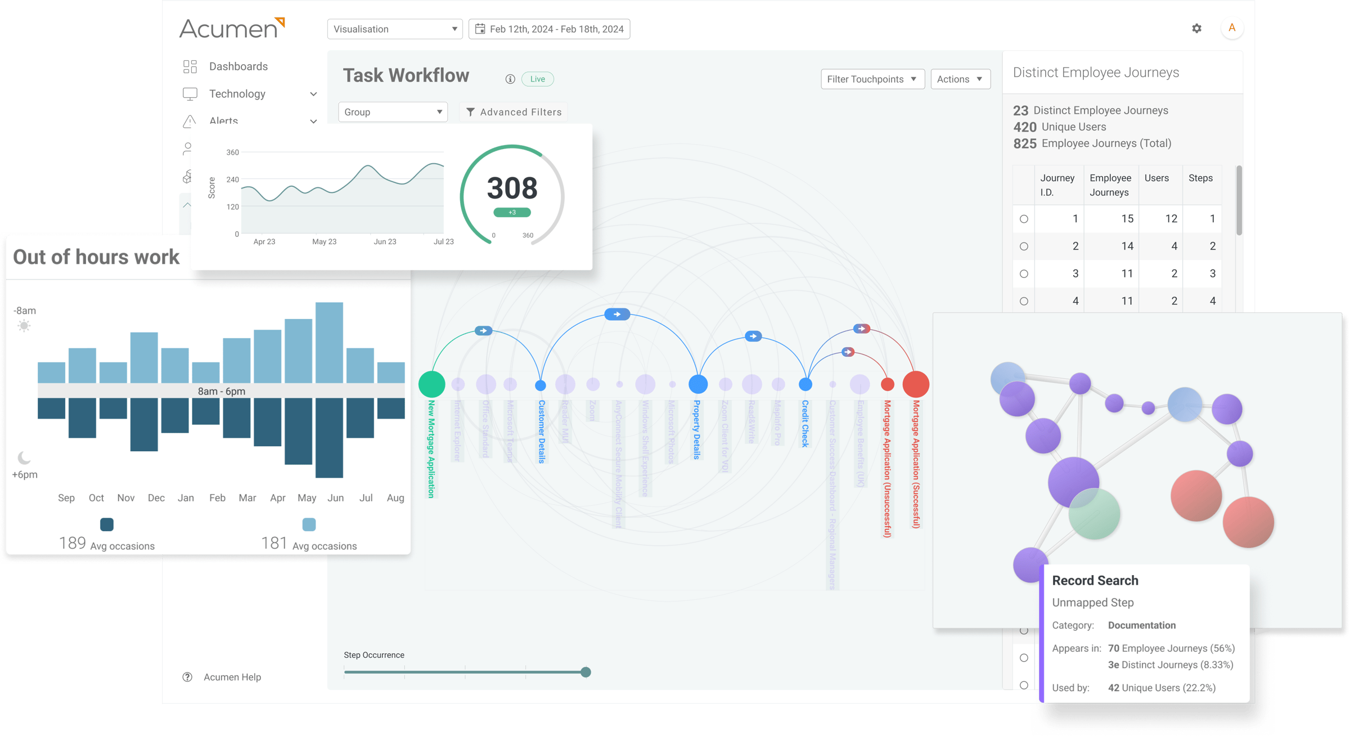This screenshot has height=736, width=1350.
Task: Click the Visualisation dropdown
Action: point(394,29)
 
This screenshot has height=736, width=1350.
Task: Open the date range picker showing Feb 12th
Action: point(549,29)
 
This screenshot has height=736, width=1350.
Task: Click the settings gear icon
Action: point(1196,28)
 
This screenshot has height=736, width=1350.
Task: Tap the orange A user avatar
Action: point(1232,28)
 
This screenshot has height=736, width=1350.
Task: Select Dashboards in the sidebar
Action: point(238,66)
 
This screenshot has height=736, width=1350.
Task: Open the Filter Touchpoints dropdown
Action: point(872,79)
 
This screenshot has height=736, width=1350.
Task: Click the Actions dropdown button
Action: point(960,79)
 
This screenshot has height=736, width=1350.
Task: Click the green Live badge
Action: point(537,79)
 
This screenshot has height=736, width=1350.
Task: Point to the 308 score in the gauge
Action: point(512,188)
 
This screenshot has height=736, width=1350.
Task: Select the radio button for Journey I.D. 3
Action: point(1024,274)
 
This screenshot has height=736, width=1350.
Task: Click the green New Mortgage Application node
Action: point(431,384)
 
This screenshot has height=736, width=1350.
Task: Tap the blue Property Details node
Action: point(697,384)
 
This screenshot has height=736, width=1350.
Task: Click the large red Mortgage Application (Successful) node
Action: point(915,384)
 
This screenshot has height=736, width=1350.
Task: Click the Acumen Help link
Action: point(232,677)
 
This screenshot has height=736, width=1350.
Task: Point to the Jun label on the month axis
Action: point(335,498)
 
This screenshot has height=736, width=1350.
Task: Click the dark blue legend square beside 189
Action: point(106,524)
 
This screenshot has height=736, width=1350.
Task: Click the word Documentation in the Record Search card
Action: point(1141,625)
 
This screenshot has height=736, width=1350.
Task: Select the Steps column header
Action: point(1200,178)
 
